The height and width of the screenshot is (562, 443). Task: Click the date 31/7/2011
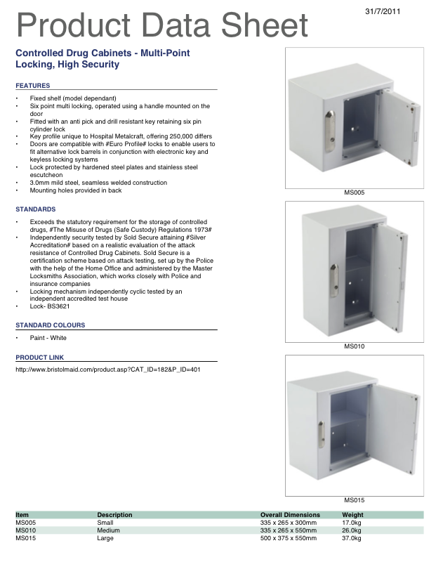pos(383,12)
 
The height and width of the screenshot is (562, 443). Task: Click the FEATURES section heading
pos(32,85)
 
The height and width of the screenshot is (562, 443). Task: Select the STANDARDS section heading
pos(35,209)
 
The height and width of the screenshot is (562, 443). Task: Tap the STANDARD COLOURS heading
pos(50,325)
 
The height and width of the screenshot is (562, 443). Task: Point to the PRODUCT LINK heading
pos(39,358)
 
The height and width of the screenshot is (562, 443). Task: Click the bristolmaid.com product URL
pos(108,370)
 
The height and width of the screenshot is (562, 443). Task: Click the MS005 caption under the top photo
pos(354,192)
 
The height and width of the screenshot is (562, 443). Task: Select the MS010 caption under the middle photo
pos(354,346)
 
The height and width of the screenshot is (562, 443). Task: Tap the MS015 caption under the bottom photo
pos(354,500)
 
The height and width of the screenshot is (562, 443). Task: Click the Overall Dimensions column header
pos(290,515)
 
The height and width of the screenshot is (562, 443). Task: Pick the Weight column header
pos(352,515)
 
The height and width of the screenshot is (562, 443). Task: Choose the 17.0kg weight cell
pos(351,523)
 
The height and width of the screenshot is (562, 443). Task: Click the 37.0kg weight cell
pos(351,538)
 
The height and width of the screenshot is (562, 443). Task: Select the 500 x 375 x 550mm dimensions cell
pos(289,538)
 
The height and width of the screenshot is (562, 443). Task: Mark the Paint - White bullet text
pos(48,338)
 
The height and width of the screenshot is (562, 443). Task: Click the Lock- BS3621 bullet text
pos(51,306)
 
